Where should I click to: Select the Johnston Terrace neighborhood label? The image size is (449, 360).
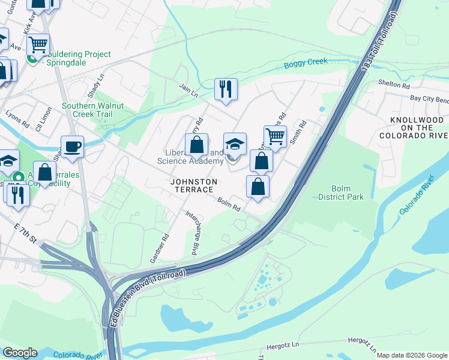[x=192, y=185]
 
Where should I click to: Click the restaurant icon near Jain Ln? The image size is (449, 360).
[x=226, y=89]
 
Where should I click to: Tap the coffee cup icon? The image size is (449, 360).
[x=72, y=146]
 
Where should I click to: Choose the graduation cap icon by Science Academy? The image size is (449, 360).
[x=235, y=143]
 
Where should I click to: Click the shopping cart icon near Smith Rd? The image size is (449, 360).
[x=275, y=136]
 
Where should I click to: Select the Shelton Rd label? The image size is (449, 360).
[x=393, y=84]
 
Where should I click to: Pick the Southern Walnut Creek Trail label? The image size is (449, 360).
[x=93, y=110]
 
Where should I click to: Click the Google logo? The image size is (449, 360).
[x=20, y=353]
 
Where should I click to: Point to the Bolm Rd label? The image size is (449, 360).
[x=229, y=204]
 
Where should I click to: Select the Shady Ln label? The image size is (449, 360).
[x=97, y=82]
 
